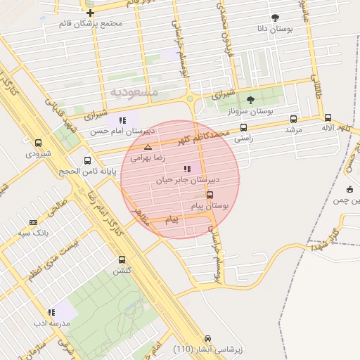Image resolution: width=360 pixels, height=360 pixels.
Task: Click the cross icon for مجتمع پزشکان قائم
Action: point(90,13)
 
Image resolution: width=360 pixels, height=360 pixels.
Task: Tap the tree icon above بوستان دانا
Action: point(274,18)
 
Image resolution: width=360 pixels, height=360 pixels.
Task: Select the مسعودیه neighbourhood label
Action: point(134,92)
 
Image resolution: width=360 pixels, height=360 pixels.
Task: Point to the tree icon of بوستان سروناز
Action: point(251,100)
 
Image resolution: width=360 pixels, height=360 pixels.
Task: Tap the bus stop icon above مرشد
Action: point(293,119)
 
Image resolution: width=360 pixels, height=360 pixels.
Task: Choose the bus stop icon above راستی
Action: point(243,127)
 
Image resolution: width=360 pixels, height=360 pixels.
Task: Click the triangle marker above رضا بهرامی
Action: point(148,147)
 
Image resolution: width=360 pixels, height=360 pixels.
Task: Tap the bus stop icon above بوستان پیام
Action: point(210,195)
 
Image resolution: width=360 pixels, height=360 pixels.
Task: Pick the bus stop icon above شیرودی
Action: point(38,143)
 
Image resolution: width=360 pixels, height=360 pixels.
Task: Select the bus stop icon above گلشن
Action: point(122,259)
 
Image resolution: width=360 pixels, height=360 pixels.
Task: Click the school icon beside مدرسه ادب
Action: point(51,312)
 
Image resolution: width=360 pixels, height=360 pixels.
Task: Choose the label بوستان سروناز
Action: point(252,111)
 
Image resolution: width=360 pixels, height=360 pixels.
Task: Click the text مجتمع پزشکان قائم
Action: point(91,24)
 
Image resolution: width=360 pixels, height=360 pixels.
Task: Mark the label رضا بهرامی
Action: point(148,158)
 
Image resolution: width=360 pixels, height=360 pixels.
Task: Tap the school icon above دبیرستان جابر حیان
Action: point(186,169)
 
